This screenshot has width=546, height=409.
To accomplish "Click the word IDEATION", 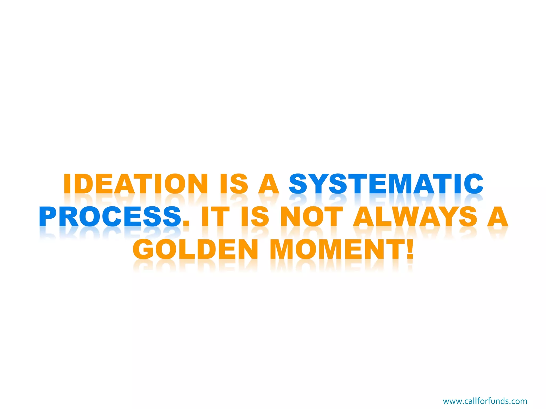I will [135, 183].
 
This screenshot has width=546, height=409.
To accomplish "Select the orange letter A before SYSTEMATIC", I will [269, 183].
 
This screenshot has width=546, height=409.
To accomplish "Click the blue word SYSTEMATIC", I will [386, 183].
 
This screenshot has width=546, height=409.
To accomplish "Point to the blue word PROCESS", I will [110, 216].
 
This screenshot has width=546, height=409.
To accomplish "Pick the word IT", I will [215, 216].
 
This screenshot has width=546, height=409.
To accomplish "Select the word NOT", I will [312, 216].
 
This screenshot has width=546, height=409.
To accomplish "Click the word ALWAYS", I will [415, 216].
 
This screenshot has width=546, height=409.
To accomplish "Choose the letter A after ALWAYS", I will [497, 216].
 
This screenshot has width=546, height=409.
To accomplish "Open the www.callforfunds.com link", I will [485, 401].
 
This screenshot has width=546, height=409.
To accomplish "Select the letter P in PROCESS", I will [50, 216].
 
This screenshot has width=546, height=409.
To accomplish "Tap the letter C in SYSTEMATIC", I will [473, 183].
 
